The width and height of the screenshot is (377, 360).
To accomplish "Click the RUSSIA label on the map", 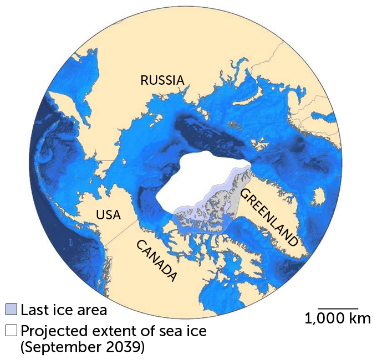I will coord(162,80).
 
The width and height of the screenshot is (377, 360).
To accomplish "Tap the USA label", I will coord(108,214).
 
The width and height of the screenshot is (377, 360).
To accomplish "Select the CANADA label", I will coord(157,260).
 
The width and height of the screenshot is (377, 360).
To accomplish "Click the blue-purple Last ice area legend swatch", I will coord(12,309).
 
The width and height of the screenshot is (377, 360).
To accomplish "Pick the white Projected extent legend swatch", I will coord(12,331).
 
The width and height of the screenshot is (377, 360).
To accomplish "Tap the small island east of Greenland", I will coord(319,196).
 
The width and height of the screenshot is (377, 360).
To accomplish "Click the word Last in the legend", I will coord(33,310).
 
